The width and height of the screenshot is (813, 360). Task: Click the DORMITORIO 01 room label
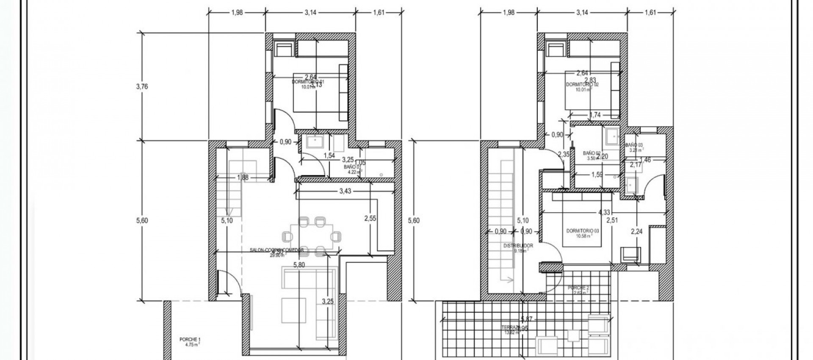[x=308, y=82]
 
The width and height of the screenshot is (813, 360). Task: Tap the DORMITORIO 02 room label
[x=582, y=85]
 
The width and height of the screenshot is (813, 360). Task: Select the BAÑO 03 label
[x=633, y=145]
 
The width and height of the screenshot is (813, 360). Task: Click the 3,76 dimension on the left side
[x=142, y=86]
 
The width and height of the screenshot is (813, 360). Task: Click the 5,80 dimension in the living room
[x=299, y=265]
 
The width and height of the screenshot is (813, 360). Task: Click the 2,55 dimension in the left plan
[x=370, y=219]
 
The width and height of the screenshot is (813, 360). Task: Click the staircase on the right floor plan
[x=505, y=220]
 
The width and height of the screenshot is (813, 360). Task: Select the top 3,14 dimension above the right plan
[x=582, y=13]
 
